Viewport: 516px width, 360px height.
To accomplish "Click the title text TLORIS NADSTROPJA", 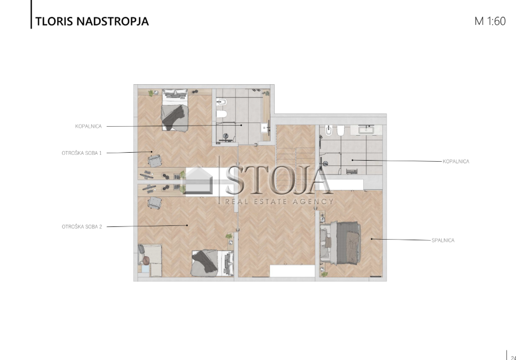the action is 92,21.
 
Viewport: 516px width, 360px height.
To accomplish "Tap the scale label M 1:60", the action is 489,21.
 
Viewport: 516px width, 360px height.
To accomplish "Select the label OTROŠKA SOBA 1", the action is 82,153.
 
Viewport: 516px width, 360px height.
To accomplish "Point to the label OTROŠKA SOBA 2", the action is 82,227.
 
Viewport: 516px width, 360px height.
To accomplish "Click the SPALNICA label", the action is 443,240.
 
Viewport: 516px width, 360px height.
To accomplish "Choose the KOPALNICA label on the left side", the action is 88,126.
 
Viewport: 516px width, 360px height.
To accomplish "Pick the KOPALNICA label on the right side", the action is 456,161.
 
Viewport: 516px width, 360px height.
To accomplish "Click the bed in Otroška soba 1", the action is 175,110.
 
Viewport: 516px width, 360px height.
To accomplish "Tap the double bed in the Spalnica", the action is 340,243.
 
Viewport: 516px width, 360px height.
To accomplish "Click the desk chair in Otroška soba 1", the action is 155,161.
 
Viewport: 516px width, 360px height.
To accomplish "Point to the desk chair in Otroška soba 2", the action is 155,203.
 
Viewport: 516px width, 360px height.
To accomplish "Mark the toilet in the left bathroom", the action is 222,114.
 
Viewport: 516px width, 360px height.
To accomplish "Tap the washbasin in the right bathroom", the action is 366,130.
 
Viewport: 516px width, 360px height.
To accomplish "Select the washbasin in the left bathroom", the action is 265,128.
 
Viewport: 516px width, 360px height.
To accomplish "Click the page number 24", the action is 513,357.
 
